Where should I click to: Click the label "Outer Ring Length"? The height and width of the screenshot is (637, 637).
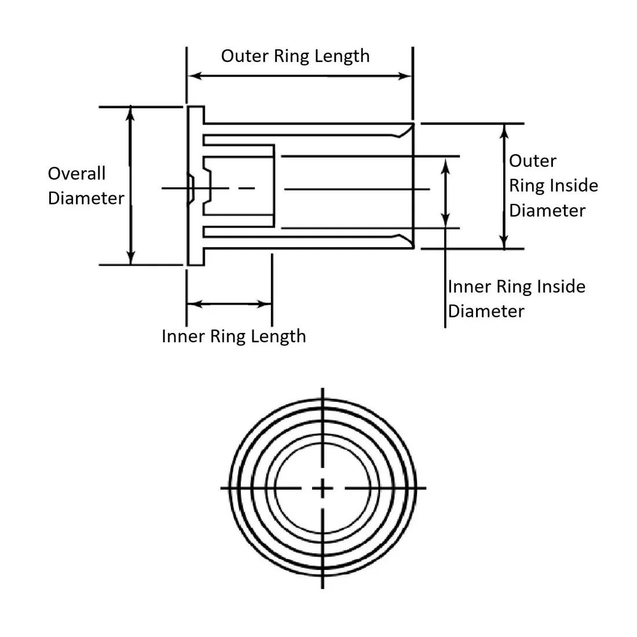(x=295, y=56)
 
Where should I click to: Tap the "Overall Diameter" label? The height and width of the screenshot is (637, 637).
(x=86, y=186)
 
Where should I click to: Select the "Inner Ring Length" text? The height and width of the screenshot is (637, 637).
(x=233, y=336)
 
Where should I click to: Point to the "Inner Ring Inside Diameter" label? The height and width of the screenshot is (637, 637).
(x=517, y=299)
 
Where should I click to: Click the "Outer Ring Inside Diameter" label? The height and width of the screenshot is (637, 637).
(x=553, y=186)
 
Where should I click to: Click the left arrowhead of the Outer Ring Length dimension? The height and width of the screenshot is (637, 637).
(x=195, y=76)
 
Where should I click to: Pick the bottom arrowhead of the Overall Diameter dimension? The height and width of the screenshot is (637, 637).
(x=131, y=259)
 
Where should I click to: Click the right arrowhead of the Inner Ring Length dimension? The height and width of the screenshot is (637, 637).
(x=266, y=304)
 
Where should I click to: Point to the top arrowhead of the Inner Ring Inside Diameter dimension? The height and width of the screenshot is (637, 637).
(x=445, y=164)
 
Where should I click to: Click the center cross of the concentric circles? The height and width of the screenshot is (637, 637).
(x=323, y=488)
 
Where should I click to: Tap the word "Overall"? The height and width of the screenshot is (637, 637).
(x=76, y=174)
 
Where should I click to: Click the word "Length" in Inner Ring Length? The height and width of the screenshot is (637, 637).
(x=282, y=336)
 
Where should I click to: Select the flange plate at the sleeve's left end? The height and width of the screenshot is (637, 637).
(x=196, y=185)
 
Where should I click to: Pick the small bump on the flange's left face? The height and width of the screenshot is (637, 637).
(x=189, y=189)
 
